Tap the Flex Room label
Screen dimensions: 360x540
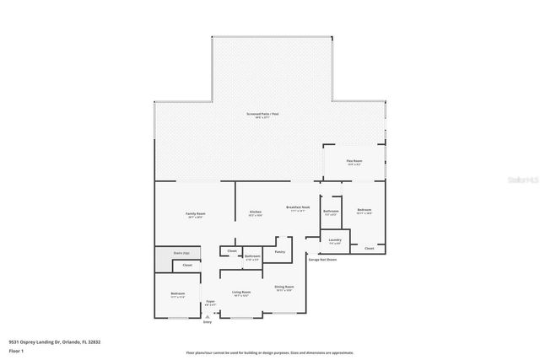tap(354, 162)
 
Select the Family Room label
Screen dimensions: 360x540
tap(196, 215)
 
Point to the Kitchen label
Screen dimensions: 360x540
tap(256, 212)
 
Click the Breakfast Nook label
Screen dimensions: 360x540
tap(299, 208)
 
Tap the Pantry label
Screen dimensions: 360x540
tap(279, 251)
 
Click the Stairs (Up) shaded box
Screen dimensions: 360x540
tap(180, 252)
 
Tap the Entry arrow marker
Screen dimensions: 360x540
tap(208, 317)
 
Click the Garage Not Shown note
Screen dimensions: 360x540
tap(322, 260)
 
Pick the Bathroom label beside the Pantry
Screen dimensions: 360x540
tap(252, 256)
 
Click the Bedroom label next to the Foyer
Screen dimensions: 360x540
tap(178, 294)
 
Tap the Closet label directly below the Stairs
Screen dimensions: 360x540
tap(187, 266)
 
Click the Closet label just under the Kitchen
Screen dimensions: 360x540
tap(232, 251)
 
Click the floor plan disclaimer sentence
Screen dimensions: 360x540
tap(271, 352)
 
